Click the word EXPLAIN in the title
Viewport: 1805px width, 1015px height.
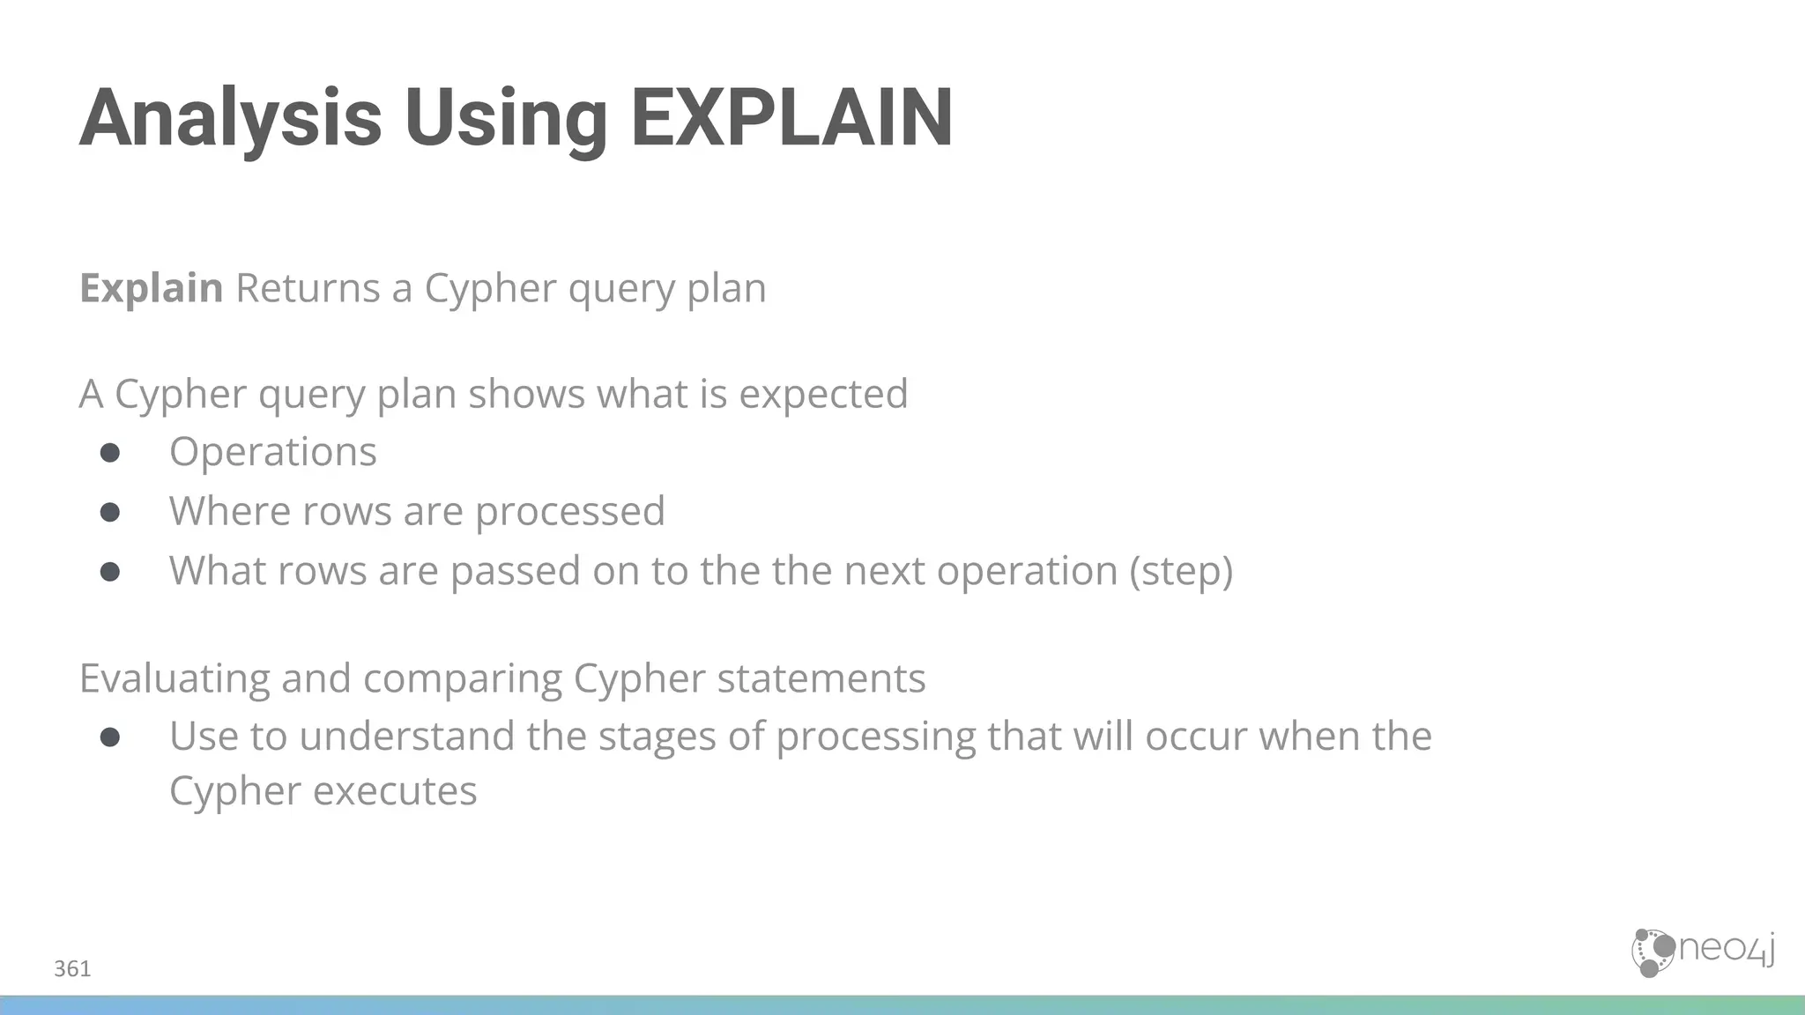791,118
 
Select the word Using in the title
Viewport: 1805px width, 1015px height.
506,118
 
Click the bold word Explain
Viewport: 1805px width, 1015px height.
151,288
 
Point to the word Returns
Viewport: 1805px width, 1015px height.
308,288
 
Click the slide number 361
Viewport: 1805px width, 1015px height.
72,969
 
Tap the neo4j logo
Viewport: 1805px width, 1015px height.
1702,952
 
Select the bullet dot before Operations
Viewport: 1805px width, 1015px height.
110,453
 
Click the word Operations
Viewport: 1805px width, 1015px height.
273,452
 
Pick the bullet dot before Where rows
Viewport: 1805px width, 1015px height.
110,512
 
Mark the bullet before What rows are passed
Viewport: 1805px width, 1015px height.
110,572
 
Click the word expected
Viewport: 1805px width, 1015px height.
822,394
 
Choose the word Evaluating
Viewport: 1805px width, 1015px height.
175,678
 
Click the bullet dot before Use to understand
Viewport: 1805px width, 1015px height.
110,737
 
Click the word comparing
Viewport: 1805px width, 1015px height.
462,678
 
